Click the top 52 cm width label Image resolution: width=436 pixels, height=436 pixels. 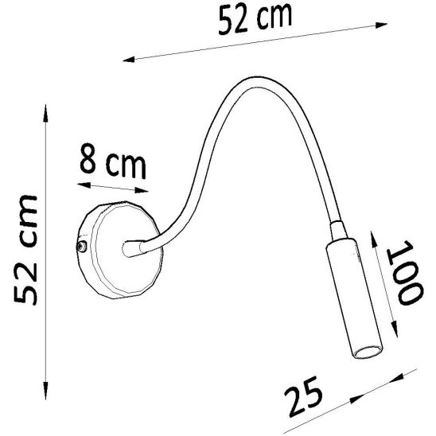(255, 18)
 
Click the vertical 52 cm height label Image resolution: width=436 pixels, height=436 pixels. (25, 249)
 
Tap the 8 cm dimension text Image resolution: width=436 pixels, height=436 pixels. (113, 161)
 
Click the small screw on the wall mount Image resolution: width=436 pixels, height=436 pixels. (81, 246)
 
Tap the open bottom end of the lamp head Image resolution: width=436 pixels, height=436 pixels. (367, 352)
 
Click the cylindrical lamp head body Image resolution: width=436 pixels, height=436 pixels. (353, 298)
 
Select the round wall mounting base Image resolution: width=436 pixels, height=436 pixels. (119, 250)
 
